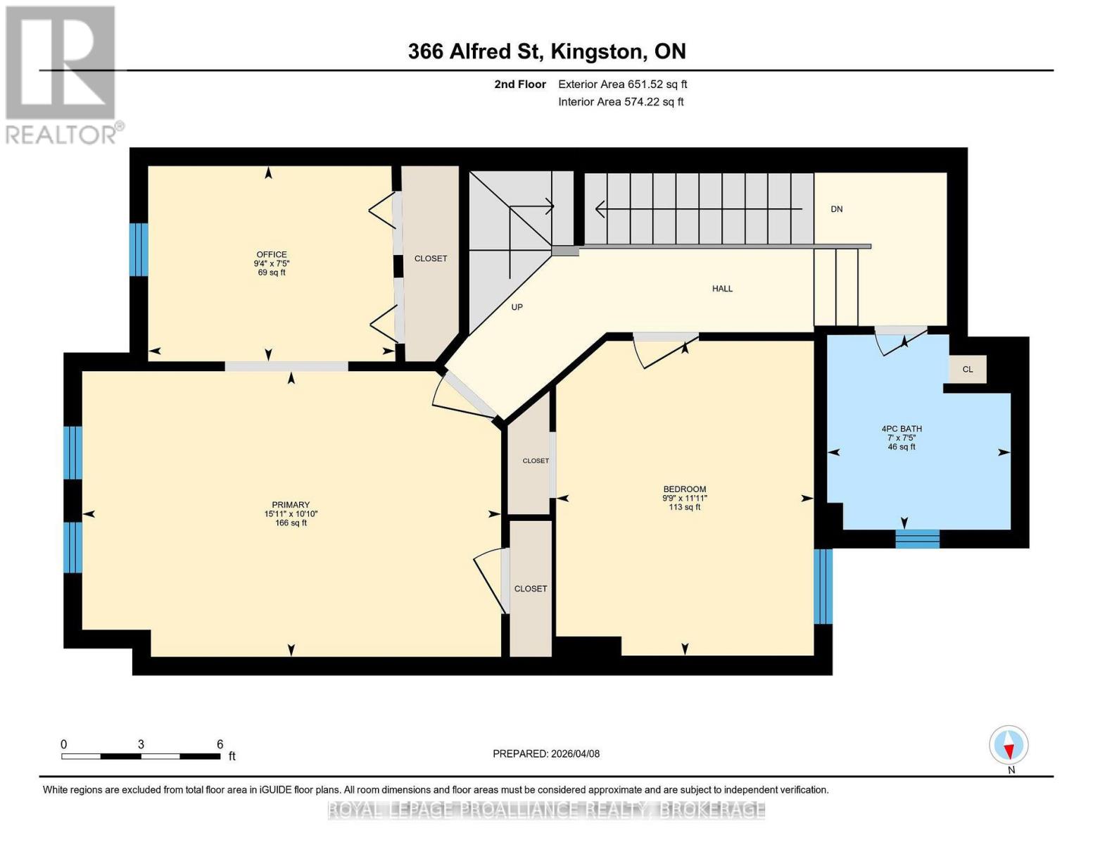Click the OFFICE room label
[x=272, y=255]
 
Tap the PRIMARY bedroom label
[x=291, y=505]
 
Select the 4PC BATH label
[x=902, y=429]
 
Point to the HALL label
[x=722, y=289]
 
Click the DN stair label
[x=837, y=209]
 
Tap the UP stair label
[x=517, y=307]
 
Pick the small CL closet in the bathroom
[x=968, y=370]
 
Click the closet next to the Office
[x=431, y=264]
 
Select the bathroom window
[x=918, y=539]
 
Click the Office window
[x=139, y=250]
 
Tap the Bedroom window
[x=823, y=587]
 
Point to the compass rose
[x=1009, y=746]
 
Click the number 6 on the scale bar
[x=220, y=744]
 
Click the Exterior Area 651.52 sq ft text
[x=623, y=84]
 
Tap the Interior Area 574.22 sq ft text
[x=621, y=102]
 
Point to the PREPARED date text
[x=546, y=754]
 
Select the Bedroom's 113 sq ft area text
[x=685, y=507]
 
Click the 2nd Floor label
[x=520, y=84]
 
